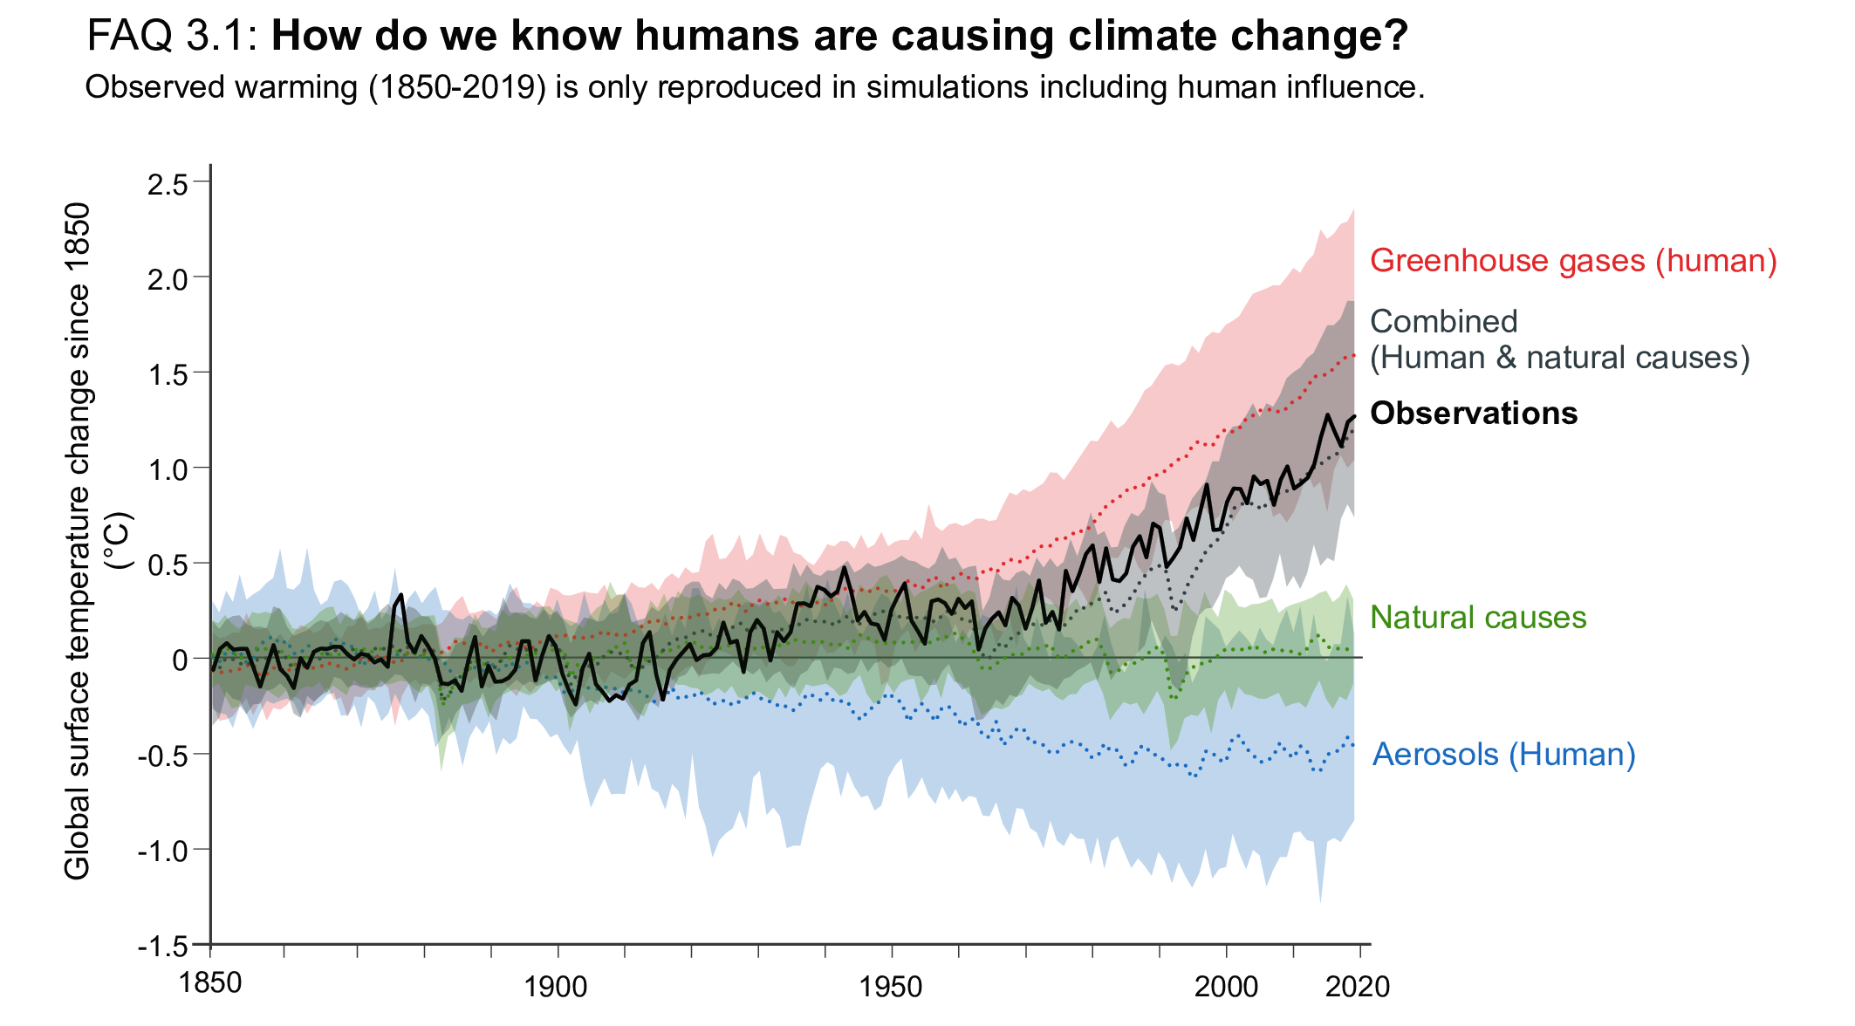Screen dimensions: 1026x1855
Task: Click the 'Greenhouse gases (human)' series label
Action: pyautogui.click(x=1573, y=261)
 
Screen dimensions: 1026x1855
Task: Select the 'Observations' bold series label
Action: pyautogui.click(x=1474, y=414)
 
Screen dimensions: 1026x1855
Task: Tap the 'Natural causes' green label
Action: pyautogui.click(x=1478, y=618)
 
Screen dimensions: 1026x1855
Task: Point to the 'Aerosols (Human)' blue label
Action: pyautogui.click(x=1503, y=755)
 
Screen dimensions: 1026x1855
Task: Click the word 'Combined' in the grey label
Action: pyautogui.click(x=1444, y=322)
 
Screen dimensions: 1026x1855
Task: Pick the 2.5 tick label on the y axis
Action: pyautogui.click(x=168, y=184)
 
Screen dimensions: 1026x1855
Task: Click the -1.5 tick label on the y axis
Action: pyautogui.click(x=162, y=947)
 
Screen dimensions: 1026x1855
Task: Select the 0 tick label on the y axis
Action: pyautogui.click(x=180, y=660)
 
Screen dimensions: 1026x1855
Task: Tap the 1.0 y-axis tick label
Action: pyautogui.click(x=168, y=469)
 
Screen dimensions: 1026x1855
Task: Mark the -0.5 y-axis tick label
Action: pyautogui.click(x=162, y=756)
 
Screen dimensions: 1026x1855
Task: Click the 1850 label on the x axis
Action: pyautogui.click(x=210, y=983)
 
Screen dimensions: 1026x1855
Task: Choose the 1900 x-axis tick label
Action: pyautogui.click(x=556, y=988)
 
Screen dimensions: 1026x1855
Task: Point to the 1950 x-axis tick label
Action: pyautogui.click(x=891, y=988)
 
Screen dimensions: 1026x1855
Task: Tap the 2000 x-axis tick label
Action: pyautogui.click(x=1226, y=988)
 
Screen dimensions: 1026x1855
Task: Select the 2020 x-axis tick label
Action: pyautogui.click(x=1358, y=988)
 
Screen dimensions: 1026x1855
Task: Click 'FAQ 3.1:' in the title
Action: pyautogui.click(x=172, y=37)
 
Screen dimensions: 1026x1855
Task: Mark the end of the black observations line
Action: pyautogui.click(x=1354, y=416)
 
